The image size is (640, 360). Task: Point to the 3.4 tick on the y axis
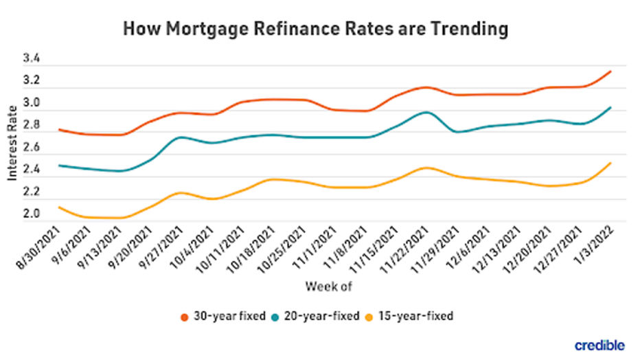pyautogui.click(x=32, y=60)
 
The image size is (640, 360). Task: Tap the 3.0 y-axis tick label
pyautogui.click(x=32, y=104)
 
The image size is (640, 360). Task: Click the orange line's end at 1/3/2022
pyautogui.click(x=610, y=71)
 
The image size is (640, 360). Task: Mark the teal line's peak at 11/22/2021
pyautogui.click(x=426, y=112)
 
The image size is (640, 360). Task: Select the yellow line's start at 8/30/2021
pyautogui.click(x=60, y=207)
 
